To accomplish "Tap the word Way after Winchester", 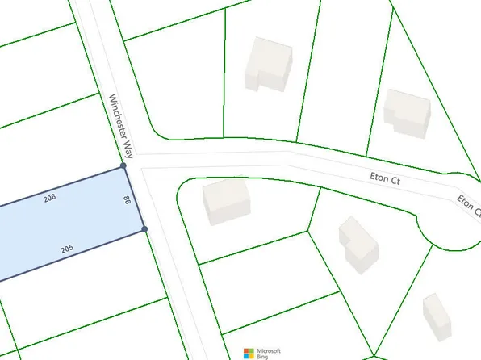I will (x=128, y=148).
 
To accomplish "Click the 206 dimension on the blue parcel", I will (x=49, y=198).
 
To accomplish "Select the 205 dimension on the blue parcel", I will (x=68, y=251).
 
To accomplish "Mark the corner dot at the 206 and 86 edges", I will (x=123, y=165).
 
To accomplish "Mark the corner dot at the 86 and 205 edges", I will (x=144, y=229).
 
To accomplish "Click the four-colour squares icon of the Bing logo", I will (x=250, y=353).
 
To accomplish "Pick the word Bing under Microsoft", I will (x=263, y=356).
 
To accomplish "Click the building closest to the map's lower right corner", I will (x=437, y=316).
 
